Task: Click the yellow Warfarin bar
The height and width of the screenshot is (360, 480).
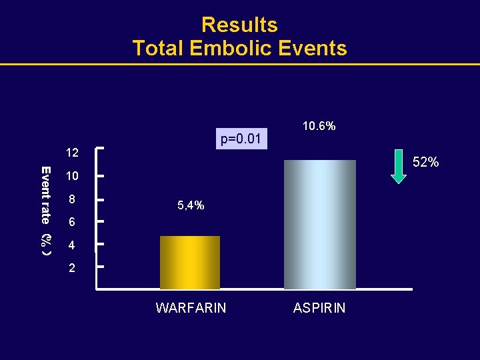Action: (190, 263)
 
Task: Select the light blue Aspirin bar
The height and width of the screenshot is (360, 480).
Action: (320, 225)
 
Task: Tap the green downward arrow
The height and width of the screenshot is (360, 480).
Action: (398, 167)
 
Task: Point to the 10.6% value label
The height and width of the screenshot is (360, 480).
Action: (319, 126)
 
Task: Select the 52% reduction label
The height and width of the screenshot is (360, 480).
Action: (426, 162)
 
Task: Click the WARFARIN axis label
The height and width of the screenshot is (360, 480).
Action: (191, 308)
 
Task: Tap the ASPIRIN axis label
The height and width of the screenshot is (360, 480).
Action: (319, 308)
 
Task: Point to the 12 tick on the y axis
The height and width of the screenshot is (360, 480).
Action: (72, 153)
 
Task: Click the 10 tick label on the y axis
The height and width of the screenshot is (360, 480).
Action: (72, 177)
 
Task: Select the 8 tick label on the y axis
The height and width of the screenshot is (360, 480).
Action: (72, 199)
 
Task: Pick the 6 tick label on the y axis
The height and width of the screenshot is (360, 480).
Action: (72, 223)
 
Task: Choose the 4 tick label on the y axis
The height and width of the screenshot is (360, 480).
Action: (72, 246)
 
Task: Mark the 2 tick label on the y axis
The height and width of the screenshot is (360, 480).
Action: (72, 269)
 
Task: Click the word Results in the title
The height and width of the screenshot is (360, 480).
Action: (239, 25)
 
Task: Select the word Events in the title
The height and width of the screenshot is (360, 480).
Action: (314, 49)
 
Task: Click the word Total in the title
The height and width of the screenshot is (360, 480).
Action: (159, 49)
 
